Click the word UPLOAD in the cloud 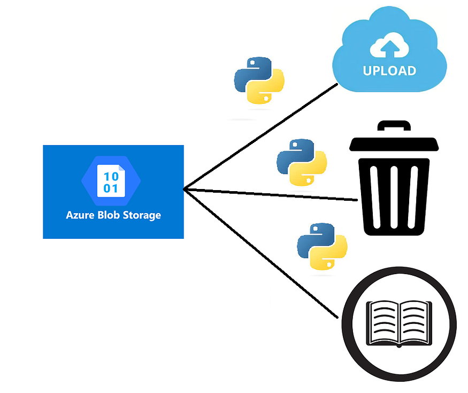pos(389,71)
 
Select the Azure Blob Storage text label pos(113,215)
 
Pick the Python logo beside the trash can pos(302,163)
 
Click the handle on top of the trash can pos(393,126)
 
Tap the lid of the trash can pos(394,143)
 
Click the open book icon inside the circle pos(398,323)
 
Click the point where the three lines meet pos(185,189)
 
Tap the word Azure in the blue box pos(78,215)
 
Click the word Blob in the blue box pos(107,215)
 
